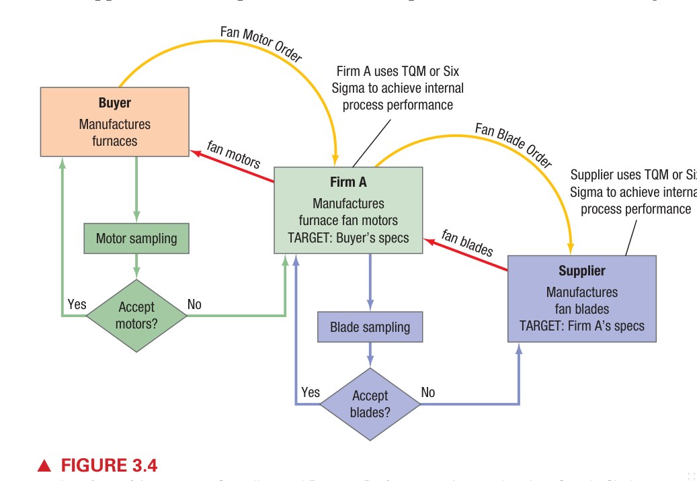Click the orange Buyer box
tap(114, 122)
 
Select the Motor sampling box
tap(136, 238)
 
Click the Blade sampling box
tap(370, 327)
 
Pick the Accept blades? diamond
tap(370, 404)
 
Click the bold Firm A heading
tap(348, 181)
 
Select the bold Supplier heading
tap(581, 271)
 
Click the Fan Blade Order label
tap(513, 144)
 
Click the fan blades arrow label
tap(467, 243)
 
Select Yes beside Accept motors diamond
tap(77, 304)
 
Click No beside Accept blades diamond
tap(427, 392)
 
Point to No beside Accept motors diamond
tap(194, 304)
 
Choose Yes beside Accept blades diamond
tap(311, 392)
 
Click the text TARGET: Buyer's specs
tap(348, 237)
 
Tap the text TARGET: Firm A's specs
tap(581, 326)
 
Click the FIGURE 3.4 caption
tap(109, 466)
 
